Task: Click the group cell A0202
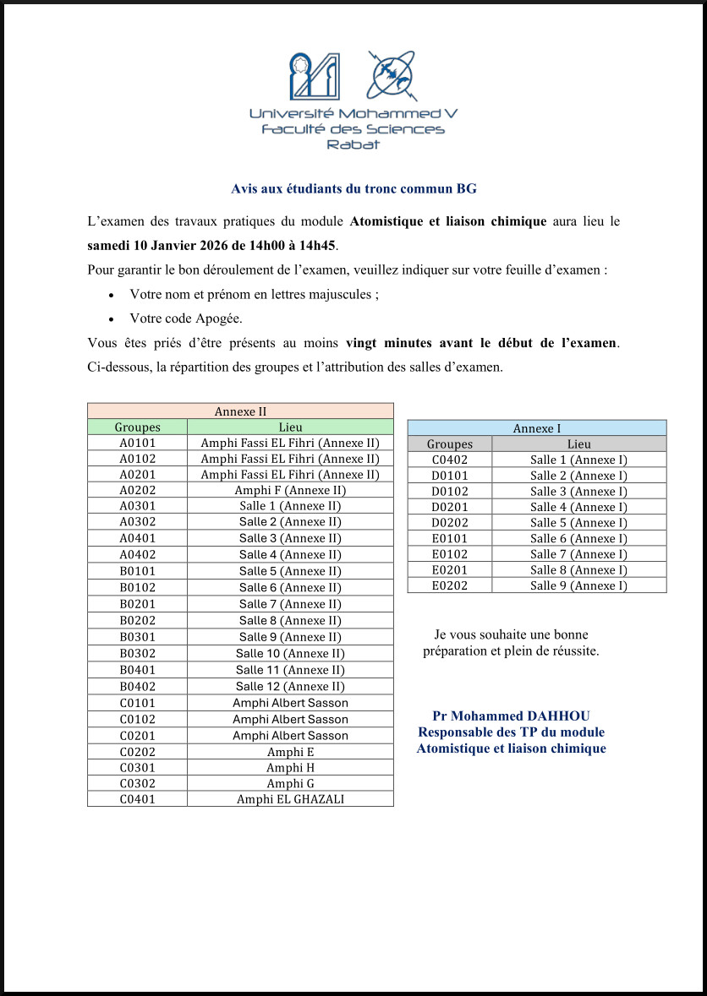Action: [x=137, y=490]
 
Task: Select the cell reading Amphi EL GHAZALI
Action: [x=290, y=799]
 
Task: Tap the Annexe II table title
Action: [x=240, y=411]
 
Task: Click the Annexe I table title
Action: [x=537, y=428]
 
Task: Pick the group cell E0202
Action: [x=450, y=585]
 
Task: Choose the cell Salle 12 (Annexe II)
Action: [x=290, y=687]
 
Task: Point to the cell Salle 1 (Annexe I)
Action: [x=578, y=460]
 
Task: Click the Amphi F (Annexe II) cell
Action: [x=290, y=490]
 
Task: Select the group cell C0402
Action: [x=450, y=460]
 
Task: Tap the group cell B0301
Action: [x=137, y=637]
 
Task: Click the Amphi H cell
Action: [x=290, y=768]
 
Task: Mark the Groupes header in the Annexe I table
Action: [x=450, y=444]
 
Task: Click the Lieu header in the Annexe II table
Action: [x=290, y=427]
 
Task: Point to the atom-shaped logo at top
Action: [x=390, y=75]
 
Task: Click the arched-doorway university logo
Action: [x=315, y=76]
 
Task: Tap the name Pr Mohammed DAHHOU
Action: [x=511, y=716]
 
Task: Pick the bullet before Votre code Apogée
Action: [x=112, y=319]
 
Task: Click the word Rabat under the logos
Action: [x=353, y=144]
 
